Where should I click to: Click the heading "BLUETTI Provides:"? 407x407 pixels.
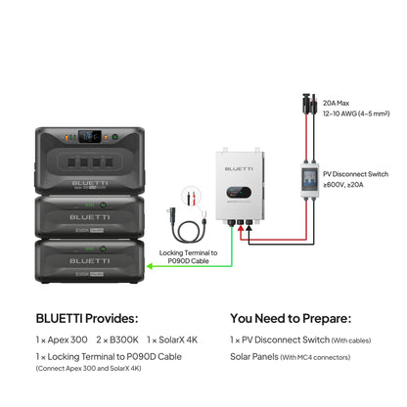coord(88,318)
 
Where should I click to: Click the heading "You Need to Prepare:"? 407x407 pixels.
coord(291,318)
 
